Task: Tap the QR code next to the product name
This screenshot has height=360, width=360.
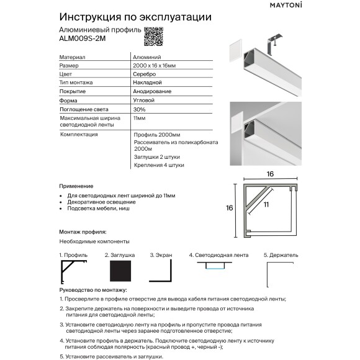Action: pyautogui.click(x=153, y=37)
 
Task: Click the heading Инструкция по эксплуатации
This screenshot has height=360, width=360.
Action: pyautogui.click(x=135, y=16)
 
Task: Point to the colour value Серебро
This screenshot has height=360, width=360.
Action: pyautogui.click(x=145, y=73)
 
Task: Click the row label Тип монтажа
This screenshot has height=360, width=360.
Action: pyautogui.click(x=76, y=82)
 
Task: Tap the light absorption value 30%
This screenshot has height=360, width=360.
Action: pyautogui.click(x=140, y=109)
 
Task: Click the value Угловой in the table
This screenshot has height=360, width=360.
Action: pyautogui.click(x=144, y=99)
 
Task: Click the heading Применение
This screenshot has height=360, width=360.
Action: pyautogui.click(x=76, y=186)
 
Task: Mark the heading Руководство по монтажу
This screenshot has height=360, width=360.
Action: pyautogui.click(x=92, y=290)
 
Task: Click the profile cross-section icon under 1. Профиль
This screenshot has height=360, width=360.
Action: pyautogui.click(x=73, y=272)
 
